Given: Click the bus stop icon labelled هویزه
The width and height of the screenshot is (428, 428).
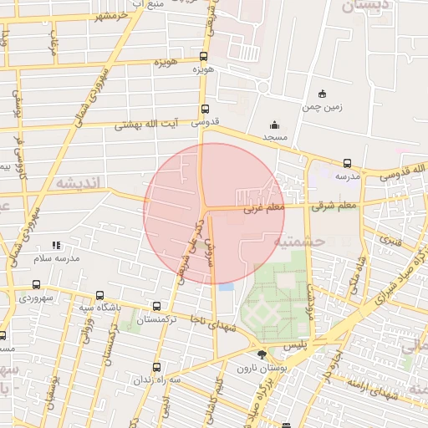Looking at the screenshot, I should pos(204,57).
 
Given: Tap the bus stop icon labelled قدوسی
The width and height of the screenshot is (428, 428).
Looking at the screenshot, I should pos(204,109).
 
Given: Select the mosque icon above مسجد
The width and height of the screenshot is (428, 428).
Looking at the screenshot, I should pos(274,124).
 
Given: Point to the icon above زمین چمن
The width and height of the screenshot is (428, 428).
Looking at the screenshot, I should pos(322,94).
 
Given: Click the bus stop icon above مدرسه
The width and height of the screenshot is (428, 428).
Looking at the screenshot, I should pos(347,163).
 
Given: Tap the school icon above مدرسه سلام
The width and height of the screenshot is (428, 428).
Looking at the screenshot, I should pos(56,245).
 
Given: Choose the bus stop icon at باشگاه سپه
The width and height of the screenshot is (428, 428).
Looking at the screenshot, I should pos(99,296).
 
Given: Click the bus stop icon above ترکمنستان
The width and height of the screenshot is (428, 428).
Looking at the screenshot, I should pos(157,306).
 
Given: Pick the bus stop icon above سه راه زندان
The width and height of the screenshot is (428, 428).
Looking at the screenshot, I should pos(157,367).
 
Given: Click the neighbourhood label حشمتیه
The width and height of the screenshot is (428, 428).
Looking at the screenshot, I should pos(302,241).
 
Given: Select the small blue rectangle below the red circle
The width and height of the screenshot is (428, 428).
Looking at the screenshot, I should pos(227,288).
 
